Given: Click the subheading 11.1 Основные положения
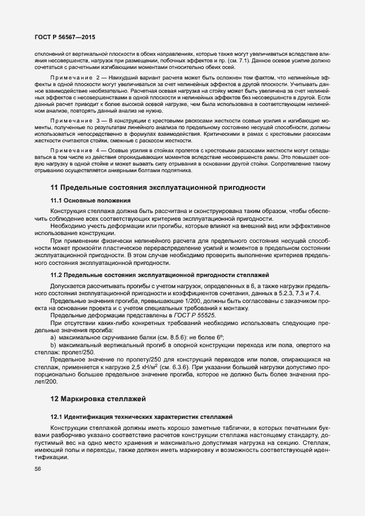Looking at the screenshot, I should click(91, 200).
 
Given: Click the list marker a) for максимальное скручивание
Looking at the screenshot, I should click(53, 337).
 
